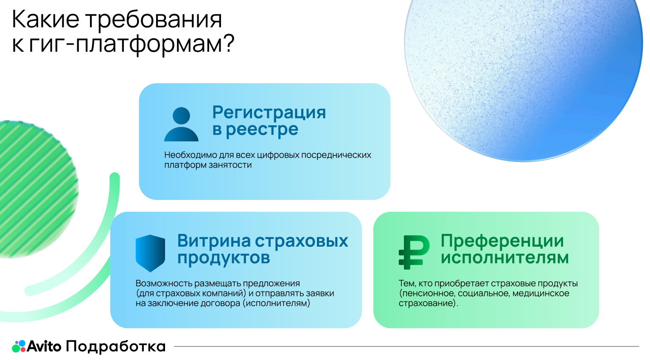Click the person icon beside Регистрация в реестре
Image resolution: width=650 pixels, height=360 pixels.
181,124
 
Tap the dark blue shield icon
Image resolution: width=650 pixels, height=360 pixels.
150,253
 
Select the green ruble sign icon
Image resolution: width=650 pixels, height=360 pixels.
414,252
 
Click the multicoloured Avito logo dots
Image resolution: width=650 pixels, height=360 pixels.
19,346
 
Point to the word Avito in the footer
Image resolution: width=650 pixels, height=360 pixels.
44,346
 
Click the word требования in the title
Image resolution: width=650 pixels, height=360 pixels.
154,20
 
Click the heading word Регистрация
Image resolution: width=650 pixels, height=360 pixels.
269,112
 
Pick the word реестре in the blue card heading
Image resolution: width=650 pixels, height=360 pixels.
262,129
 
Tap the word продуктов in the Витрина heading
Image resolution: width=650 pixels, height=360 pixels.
224,258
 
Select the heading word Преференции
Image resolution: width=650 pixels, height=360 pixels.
502,241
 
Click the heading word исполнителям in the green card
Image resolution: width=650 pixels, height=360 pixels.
504,258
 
